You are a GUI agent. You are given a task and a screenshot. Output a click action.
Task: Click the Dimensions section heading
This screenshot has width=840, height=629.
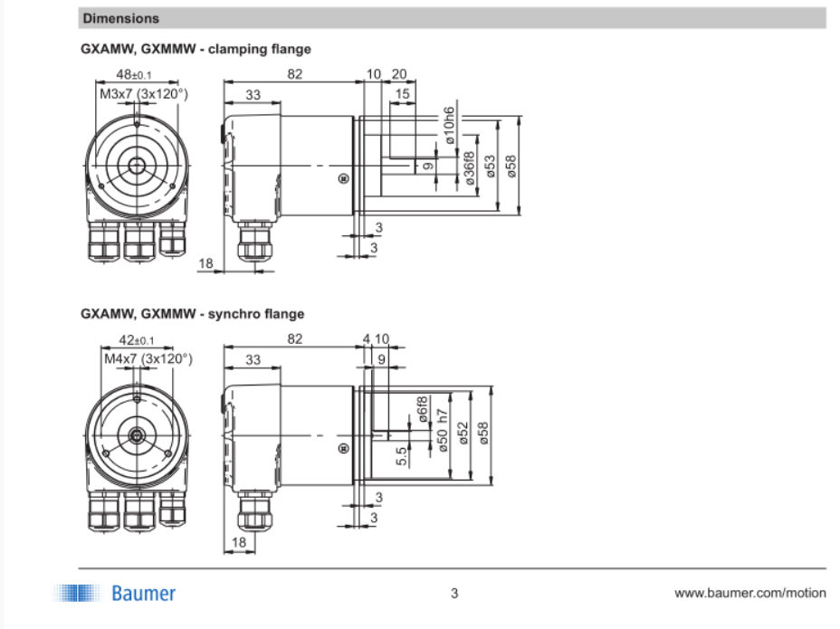pyautogui.click(x=120, y=18)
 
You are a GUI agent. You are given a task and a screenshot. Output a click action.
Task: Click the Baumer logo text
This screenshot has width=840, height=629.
pyautogui.click(x=143, y=594)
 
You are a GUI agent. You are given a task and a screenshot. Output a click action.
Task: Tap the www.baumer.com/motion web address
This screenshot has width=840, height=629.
pyautogui.click(x=750, y=593)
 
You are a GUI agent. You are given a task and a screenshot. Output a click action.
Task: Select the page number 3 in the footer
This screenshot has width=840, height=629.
pyautogui.click(x=454, y=593)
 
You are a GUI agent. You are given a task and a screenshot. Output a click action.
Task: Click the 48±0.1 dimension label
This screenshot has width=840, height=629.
pyautogui.click(x=134, y=74)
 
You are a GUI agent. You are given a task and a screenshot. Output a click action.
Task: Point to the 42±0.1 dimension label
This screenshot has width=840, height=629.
pyautogui.click(x=136, y=340)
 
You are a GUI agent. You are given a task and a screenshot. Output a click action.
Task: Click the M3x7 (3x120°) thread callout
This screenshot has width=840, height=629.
pyautogui.click(x=144, y=94)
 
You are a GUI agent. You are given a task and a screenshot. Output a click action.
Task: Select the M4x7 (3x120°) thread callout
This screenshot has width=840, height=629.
pyautogui.click(x=148, y=358)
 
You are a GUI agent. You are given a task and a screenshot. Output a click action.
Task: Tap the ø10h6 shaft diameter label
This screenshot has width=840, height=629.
pyautogui.click(x=449, y=126)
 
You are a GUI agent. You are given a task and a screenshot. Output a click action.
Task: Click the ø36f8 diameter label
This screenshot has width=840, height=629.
pyautogui.click(x=469, y=168)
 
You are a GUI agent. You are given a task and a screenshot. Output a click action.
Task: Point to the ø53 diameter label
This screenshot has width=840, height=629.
pyautogui.click(x=491, y=167)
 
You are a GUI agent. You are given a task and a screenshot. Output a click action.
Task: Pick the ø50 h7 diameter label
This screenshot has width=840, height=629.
pyautogui.click(x=442, y=430)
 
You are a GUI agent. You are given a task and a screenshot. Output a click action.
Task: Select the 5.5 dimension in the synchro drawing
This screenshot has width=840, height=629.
pyautogui.click(x=402, y=456)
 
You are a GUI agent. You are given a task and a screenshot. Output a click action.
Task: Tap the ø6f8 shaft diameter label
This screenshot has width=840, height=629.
pyautogui.click(x=422, y=409)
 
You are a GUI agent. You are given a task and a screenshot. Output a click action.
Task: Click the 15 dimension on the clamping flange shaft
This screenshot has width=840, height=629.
pyautogui.click(x=402, y=94)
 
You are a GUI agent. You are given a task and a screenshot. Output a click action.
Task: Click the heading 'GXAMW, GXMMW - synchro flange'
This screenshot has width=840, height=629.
pyautogui.click(x=192, y=314)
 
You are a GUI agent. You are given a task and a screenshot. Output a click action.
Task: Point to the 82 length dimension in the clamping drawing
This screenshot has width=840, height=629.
pyautogui.click(x=295, y=74)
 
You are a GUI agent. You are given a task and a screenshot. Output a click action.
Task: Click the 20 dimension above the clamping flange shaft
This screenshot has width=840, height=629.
pyautogui.click(x=399, y=74)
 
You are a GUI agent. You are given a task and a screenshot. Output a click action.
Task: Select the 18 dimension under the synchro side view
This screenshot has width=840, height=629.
pyautogui.click(x=238, y=542)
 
